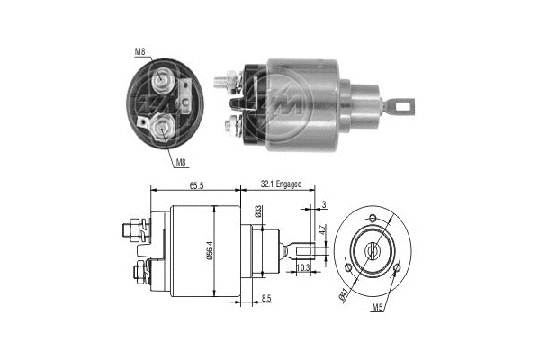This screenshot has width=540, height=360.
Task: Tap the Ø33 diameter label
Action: pos(257,212)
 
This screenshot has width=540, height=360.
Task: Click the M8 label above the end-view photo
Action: pos(140,51)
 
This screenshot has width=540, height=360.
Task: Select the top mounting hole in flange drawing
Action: pos(371,220)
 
